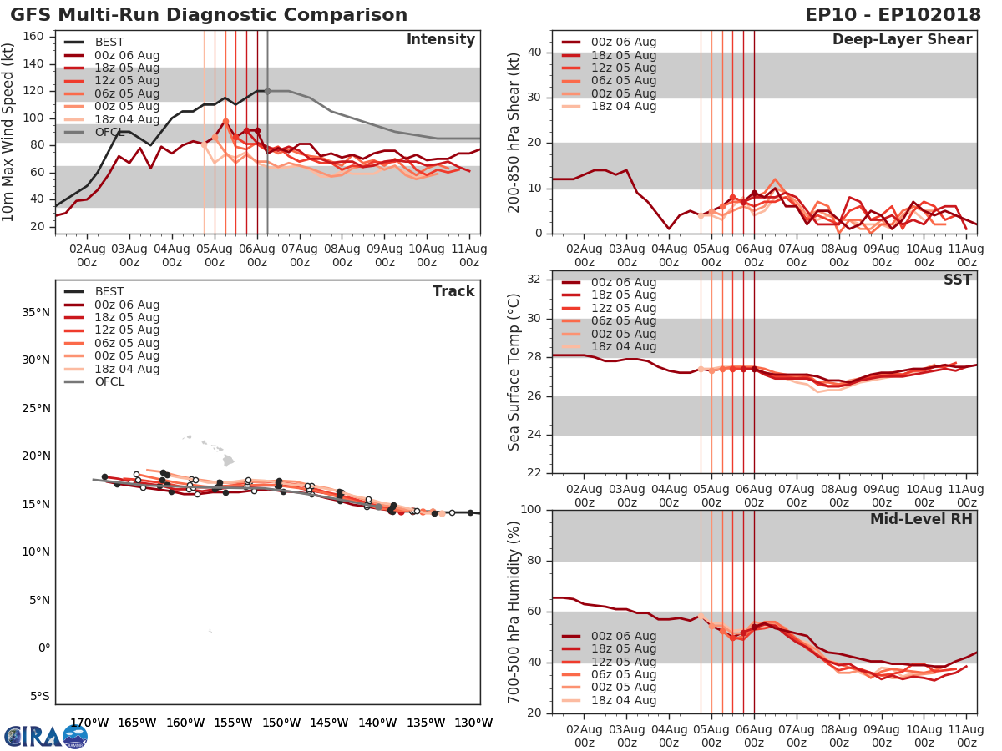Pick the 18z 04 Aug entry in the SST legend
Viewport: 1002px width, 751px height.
623,347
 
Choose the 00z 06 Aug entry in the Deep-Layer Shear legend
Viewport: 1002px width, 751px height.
623,42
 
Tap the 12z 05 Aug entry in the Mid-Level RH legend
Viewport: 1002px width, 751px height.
623,662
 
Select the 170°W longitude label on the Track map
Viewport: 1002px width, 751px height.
87,723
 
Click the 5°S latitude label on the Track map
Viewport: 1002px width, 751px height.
38,696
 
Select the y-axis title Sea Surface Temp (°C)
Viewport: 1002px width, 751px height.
514,371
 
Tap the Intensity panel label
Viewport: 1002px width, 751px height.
440,40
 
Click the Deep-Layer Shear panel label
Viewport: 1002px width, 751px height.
902,40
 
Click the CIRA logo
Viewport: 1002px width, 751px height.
45,736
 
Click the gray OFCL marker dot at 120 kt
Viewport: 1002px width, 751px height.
267,91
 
